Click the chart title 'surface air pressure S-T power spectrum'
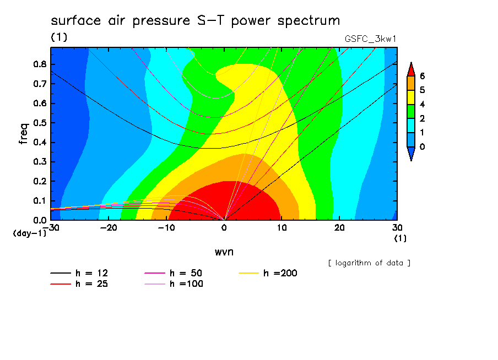[196, 21]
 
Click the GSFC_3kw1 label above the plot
[370, 39]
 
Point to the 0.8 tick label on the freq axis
[40, 64]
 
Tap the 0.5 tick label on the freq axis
[40, 123]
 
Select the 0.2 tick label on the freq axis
[40, 181]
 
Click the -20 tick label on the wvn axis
[109, 228]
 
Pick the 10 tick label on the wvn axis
[282, 228]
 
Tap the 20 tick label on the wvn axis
[339, 228]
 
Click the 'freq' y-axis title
[24, 134]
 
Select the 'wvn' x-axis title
[224, 252]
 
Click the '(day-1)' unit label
[30, 233]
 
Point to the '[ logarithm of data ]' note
[370, 263]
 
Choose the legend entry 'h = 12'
[79, 273]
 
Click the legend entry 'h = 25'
[79, 284]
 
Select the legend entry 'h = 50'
[174, 273]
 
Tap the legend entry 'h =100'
[174, 284]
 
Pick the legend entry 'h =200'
[268, 273]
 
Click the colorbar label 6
[422, 76]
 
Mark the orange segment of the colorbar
[411, 83]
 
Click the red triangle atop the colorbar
[411, 70]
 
